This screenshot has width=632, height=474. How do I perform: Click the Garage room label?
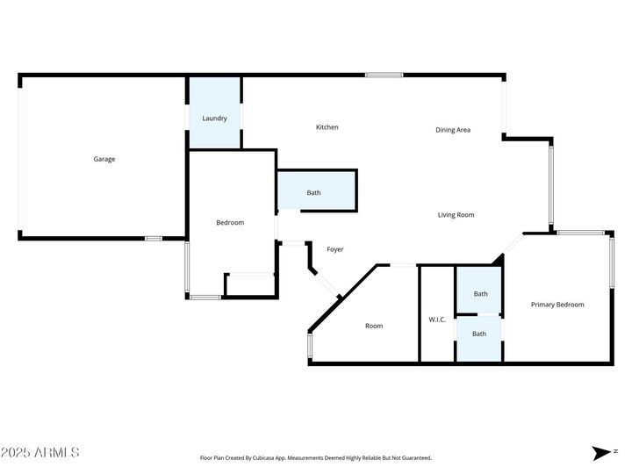pyautogui.click(x=104, y=159)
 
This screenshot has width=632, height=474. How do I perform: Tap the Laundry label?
pyautogui.click(x=214, y=118)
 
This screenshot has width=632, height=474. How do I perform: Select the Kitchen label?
pyautogui.click(x=327, y=127)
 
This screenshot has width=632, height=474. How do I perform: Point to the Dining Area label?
pyautogui.click(x=453, y=130)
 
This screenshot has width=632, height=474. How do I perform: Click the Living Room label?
pyautogui.click(x=456, y=214)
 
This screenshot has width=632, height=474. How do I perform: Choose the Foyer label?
pyautogui.click(x=334, y=249)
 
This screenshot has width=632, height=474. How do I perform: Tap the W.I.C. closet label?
pyautogui.click(x=437, y=319)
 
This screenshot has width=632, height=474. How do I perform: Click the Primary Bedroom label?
pyautogui.click(x=557, y=305)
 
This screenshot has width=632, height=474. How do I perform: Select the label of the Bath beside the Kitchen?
pyautogui.click(x=313, y=193)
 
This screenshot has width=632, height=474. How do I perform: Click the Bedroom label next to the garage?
pyautogui.click(x=230, y=223)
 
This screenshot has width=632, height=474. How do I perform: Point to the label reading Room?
pyautogui.click(x=374, y=327)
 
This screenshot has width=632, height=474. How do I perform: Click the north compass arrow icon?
pyautogui.click(x=601, y=453)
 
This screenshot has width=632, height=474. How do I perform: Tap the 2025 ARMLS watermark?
pyautogui.click(x=40, y=453)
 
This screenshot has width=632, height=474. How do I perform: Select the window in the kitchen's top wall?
pyautogui.click(x=378, y=75)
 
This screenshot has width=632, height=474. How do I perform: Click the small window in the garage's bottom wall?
pyautogui.click(x=154, y=238)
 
